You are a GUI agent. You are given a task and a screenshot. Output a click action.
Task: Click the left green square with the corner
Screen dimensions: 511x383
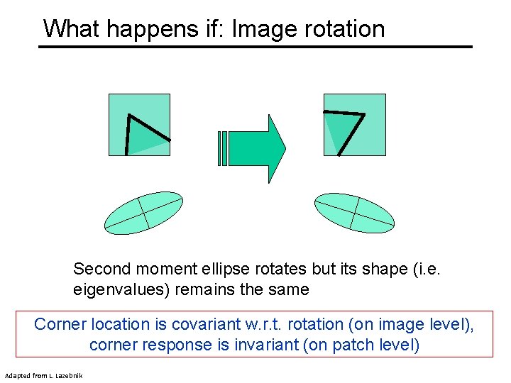point(139,124)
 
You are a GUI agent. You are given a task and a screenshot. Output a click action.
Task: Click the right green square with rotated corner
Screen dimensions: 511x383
point(354,124)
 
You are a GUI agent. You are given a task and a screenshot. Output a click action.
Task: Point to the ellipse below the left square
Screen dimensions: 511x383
point(143,213)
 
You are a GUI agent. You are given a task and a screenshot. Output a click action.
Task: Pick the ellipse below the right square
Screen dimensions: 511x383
point(354,213)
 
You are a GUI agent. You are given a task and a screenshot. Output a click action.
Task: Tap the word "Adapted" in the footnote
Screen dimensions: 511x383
point(18,374)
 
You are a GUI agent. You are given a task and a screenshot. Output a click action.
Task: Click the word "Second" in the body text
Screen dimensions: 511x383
point(101,270)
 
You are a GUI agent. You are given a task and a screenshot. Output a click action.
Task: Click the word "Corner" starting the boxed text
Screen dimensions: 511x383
point(60,324)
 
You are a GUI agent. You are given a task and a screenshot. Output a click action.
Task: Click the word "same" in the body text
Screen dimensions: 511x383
point(289,289)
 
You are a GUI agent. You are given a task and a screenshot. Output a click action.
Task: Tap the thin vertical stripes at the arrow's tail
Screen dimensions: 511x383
point(224,148)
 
